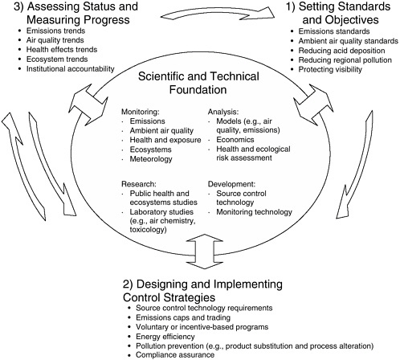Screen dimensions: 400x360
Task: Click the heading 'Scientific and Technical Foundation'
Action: click(x=198, y=83)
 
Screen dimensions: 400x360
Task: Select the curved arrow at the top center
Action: click(x=218, y=13)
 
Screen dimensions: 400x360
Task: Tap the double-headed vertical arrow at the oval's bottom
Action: click(x=205, y=252)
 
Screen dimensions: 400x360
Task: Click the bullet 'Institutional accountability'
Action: click(x=70, y=69)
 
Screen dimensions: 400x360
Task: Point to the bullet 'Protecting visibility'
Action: click(x=330, y=69)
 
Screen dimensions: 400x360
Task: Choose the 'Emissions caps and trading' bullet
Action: click(x=183, y=317)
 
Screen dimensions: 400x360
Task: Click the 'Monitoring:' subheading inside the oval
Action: click(x=141, y=112)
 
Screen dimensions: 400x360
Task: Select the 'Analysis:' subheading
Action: click(x=223, y=112)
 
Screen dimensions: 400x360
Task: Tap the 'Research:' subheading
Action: click(x=139, y=184)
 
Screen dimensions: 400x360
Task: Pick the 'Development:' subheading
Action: click(x=231, y=184)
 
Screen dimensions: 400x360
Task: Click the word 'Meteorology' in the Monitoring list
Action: click(x=151, y=159)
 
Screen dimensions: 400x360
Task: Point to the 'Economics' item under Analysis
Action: click(x=235, y=140)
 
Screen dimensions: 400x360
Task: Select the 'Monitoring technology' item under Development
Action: click(x=254, y=212)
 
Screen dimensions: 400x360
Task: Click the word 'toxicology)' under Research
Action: click(x=148, y=230)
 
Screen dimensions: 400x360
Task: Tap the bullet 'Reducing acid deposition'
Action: click(x=341, y=51)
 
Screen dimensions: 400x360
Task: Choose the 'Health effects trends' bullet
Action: click(x=62, y=50)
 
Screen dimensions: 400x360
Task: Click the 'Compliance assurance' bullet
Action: click(x=175, y=355)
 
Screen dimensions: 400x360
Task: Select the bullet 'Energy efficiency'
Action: click(x=165, y=337)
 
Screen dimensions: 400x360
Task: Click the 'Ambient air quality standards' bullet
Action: click(x=349, y=41)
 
